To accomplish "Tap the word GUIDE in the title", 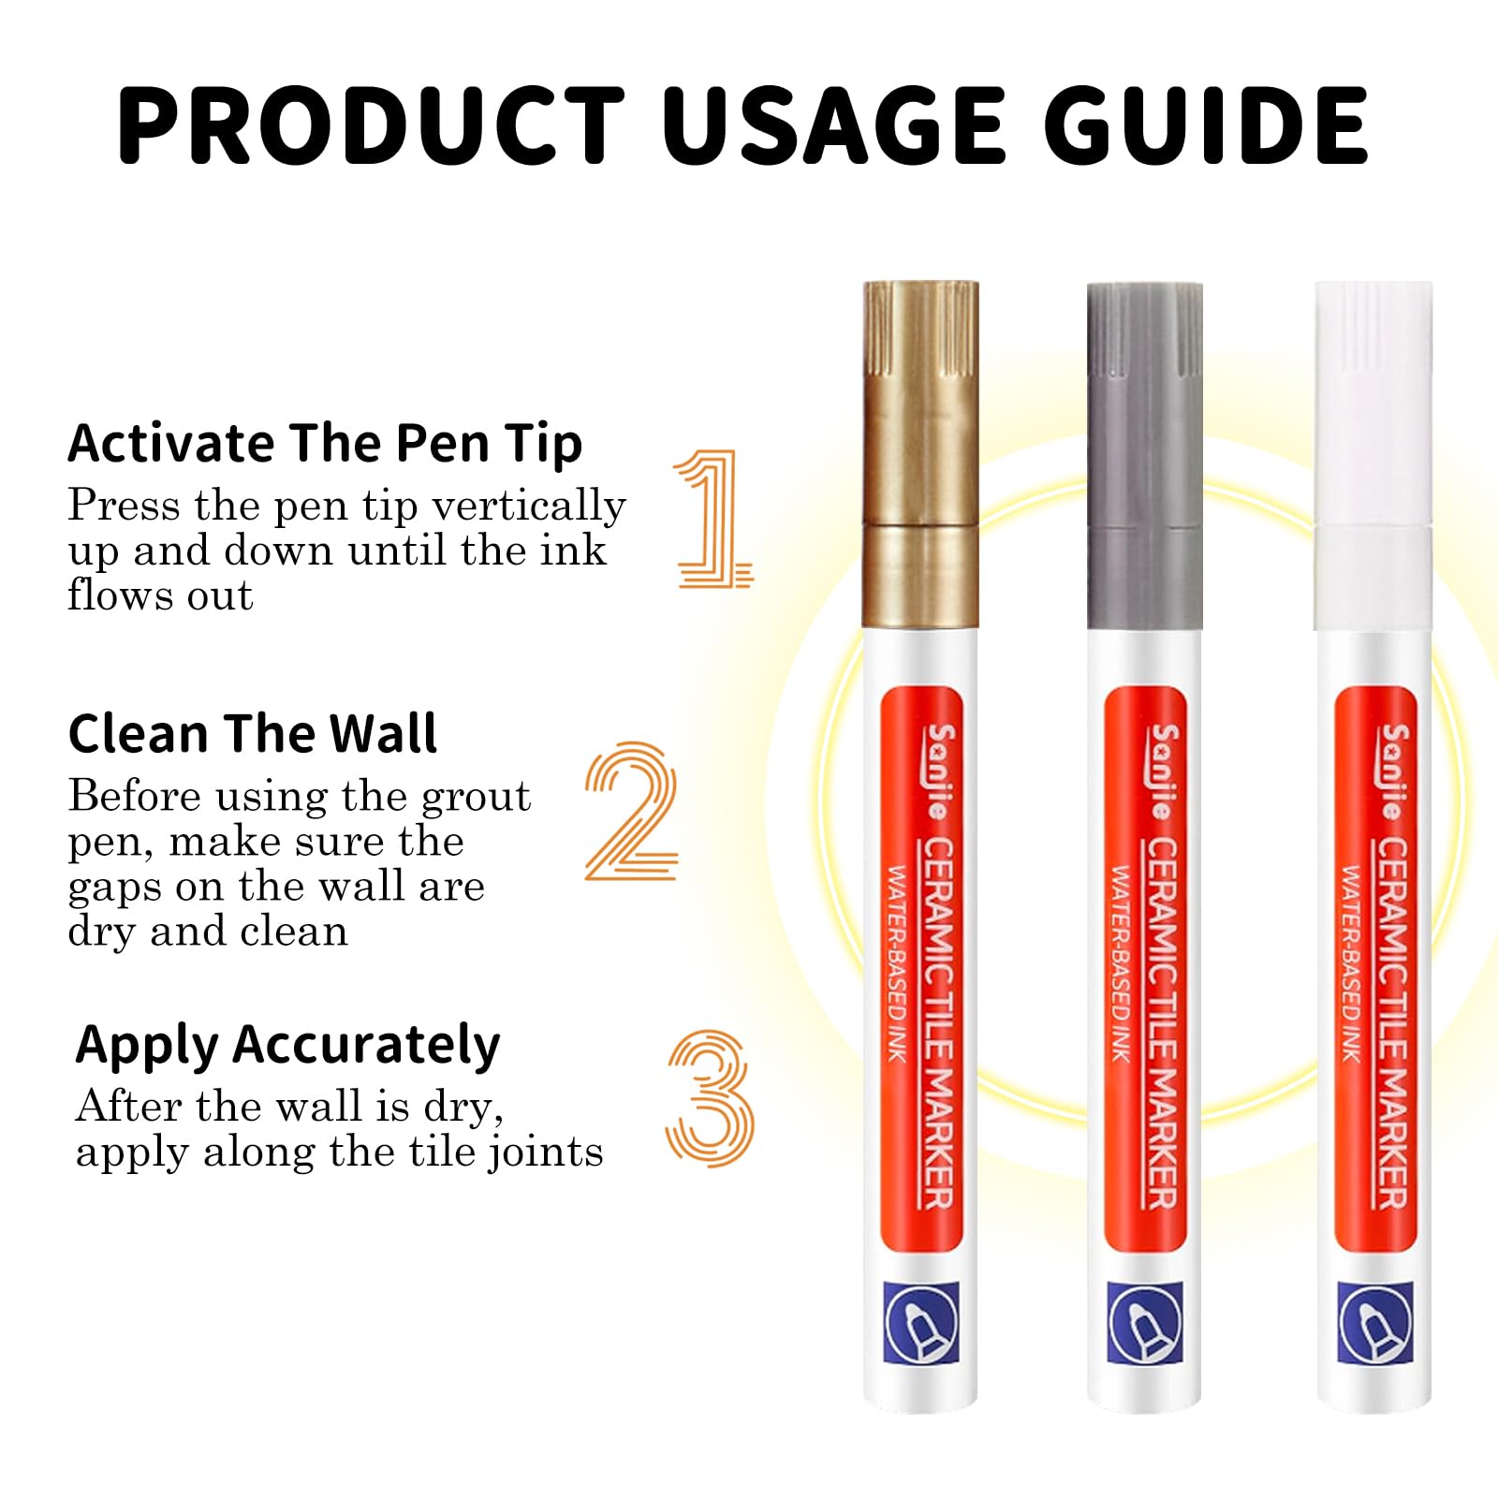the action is click(1207, 125).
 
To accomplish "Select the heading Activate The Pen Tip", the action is click(325, 444).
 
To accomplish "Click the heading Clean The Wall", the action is click(252, 733).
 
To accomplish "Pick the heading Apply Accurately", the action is click(287, 1046).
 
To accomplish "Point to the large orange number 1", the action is click(713, 518).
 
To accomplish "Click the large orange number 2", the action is click(630, 811).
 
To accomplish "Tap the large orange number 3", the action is click(710, 1098).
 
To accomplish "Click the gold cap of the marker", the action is click(920, 454).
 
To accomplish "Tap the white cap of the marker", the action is click(1373, 456).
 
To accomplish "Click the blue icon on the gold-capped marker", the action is click(921, 1323).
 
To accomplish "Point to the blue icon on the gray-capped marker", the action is click(1145, 1323).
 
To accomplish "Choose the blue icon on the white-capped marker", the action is click(1374, 1323).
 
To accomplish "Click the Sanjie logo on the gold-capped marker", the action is click(939, 771).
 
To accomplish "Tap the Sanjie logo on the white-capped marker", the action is click(1392, 771).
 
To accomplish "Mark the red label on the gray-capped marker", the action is click(1145, 969).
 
